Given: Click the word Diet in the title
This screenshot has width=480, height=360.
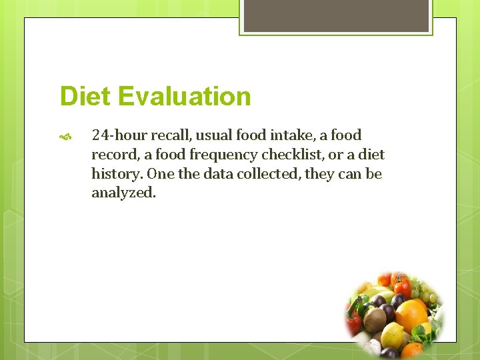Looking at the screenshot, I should pyautogui.click(x=84, y=96).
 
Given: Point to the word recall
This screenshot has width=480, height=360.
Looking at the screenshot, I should pyautogui.click(x=168, y=135).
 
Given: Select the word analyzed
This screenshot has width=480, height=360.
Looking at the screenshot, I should pyautogui.click(x=123, y=193).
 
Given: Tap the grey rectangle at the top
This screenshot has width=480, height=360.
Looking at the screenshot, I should pyautogui.click(x=336, y=15).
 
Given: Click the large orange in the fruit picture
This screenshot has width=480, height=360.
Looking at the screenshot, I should pyautogui.click(x=411, y=315).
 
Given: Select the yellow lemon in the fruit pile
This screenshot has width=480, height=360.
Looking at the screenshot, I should pyautogui.click(x=394, y=335).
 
